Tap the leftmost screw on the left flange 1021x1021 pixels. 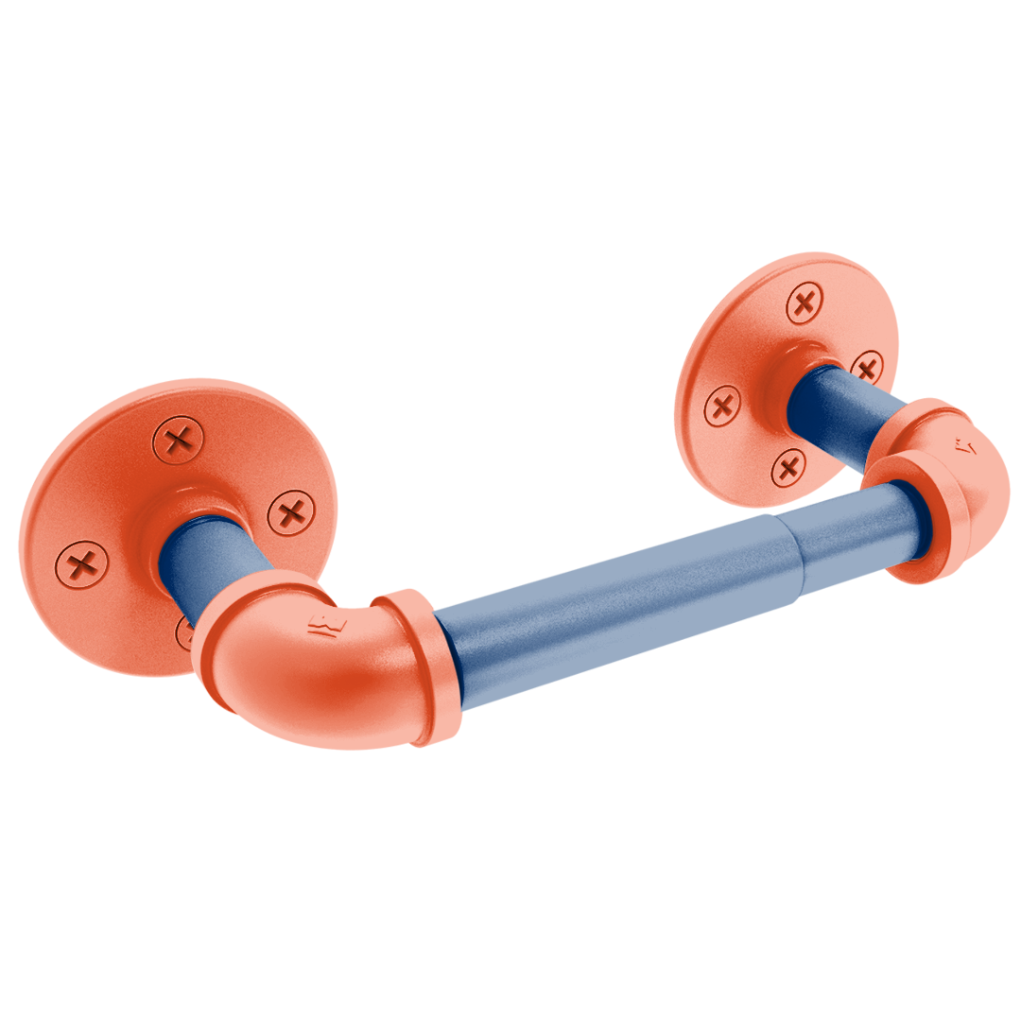82,564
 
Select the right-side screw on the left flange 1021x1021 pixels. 291,514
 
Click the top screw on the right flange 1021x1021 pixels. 805,303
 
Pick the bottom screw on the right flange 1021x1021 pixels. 787,465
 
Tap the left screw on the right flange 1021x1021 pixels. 723,407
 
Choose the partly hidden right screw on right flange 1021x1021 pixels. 867,366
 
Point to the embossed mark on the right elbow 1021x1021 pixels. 964,443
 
